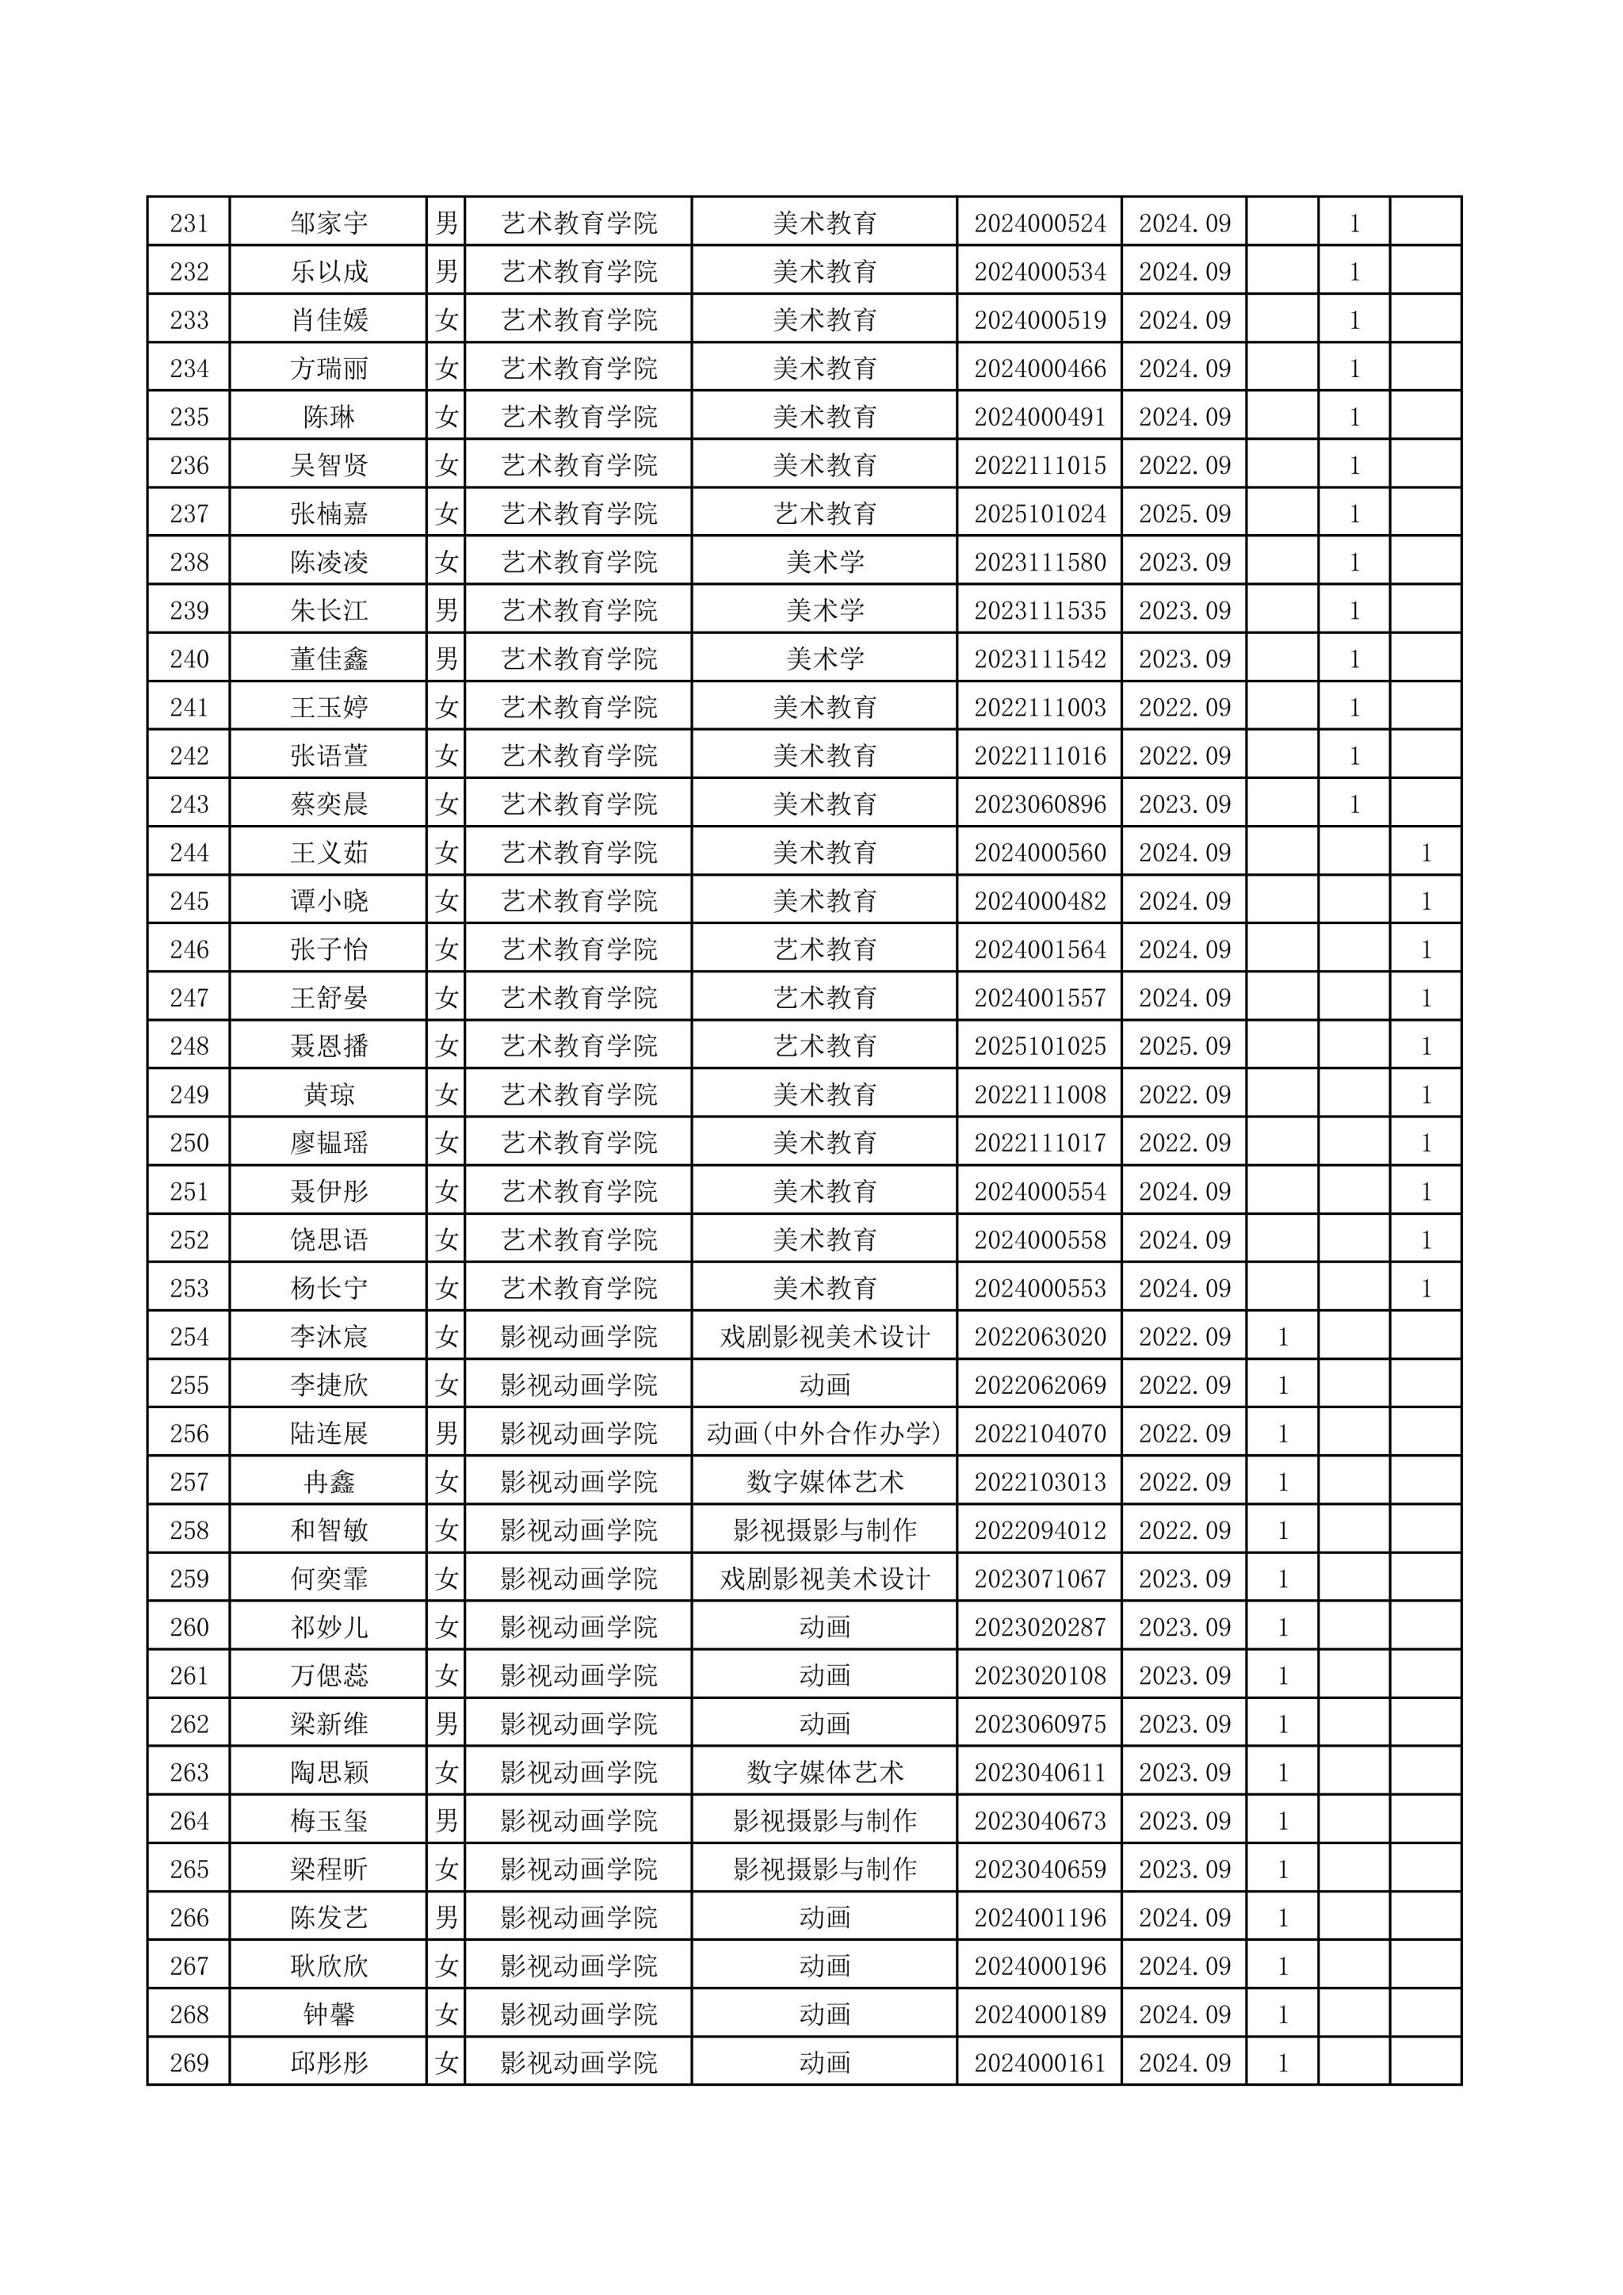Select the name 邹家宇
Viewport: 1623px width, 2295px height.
pyautogui.click(x=329, y=223)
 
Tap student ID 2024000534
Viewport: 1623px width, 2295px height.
pyautogui.click(x=1040, y=272)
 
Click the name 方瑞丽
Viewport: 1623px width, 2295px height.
pyautogui.click(x=329, y=368)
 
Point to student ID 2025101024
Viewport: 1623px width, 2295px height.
pyautogui.click(x=1040, y=514)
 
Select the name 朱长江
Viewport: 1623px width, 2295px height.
pyautogui.click(x=329, y=611)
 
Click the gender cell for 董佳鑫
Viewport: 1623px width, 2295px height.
pyautogui.click(x=447, y=659)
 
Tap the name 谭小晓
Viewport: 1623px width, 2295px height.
pyautogui.click(x=329, y=902)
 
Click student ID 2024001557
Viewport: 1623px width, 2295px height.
pyautogui.click(x=1040, y=998)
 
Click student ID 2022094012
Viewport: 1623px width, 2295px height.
pyautogui.click(x=1040, y=1530)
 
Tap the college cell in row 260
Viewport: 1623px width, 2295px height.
pyautogui.click(x=579, y=1627)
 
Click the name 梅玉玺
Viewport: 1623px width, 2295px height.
pyautogui.click(x=329, y=1820)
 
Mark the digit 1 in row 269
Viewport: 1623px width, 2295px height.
pyautogui.click(x=1283, y=2063)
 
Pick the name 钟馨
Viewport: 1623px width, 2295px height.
pyautogui.click(x=329, y=2014)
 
